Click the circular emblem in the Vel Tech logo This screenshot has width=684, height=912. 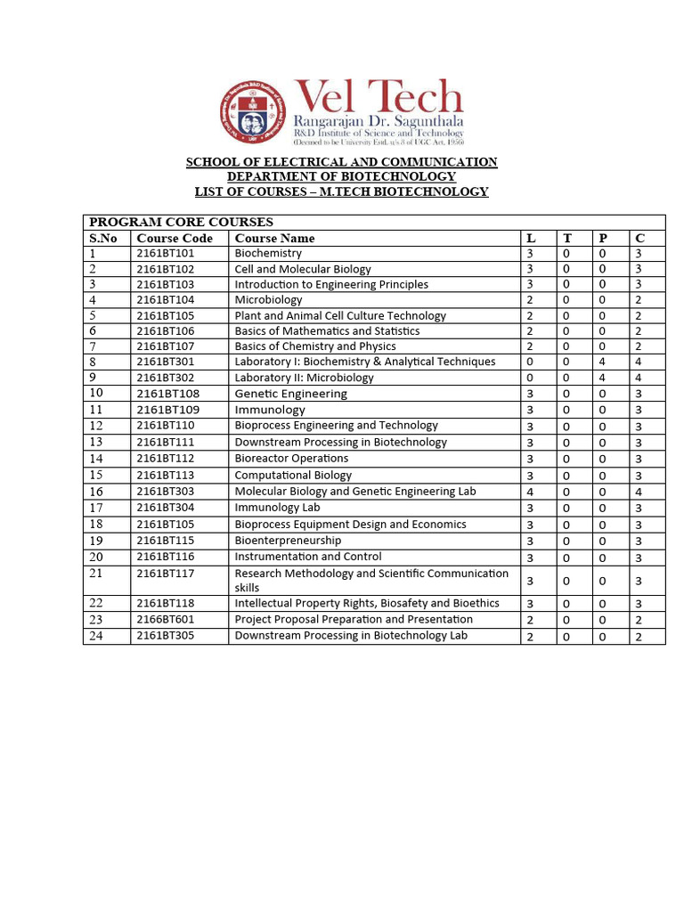(x=256, y=113)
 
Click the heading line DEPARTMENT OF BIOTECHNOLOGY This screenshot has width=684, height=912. (x=341, y=176)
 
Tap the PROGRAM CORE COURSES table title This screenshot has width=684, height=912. (x=181, y=222)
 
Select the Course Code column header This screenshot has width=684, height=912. (x=175, y=238)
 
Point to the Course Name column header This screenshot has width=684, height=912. (x=274, y=238)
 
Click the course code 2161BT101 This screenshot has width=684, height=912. (x=166, y=253)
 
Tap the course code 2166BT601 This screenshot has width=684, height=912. (x=166, y=619)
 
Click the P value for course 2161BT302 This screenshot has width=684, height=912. (x=603, y=378)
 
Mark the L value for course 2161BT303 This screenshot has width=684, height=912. (x=530, y=492)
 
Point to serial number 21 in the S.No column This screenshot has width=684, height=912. (x=96, y=574)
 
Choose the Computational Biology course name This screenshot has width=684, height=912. (x=293, y=475)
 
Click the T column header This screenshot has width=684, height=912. (x=566, y=238)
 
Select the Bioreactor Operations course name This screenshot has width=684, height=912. (x=291, y=458)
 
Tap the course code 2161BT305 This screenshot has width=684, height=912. (x=166, y=636)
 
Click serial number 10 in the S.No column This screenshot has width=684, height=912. (x=96, y=393)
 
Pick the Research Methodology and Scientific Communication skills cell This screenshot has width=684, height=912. (x=371, y=581)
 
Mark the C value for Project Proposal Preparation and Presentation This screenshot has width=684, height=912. (x=639, y=620)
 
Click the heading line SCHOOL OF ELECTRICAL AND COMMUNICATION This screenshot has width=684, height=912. (x=341, y=161)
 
